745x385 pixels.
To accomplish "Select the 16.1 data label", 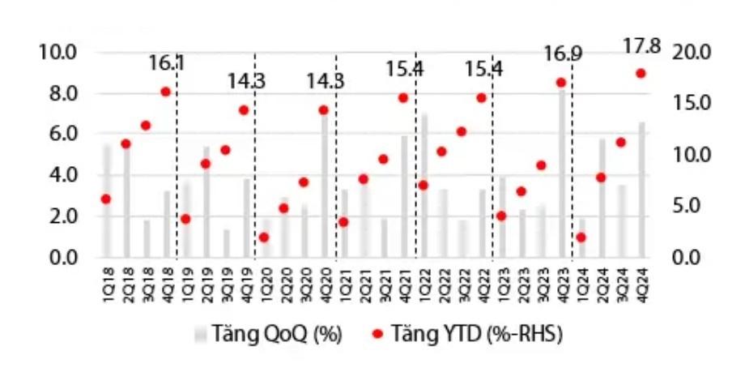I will click(x=167, y=62).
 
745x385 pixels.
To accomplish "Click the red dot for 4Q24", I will click(x=641, y=73).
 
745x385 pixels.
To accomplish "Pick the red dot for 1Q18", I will click(x=105, y=199).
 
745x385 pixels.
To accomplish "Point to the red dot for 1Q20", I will click(x=264, y=237).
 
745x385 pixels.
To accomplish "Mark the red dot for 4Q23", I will click(x=560, y=83).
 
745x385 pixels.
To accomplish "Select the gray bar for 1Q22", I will click(x=423, y=186).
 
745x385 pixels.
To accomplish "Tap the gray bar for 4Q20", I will click(x=324, y=186).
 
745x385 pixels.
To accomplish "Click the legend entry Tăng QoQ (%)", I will click(x=267, y=334).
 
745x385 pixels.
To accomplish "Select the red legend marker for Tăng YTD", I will click(x=377, y=334).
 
